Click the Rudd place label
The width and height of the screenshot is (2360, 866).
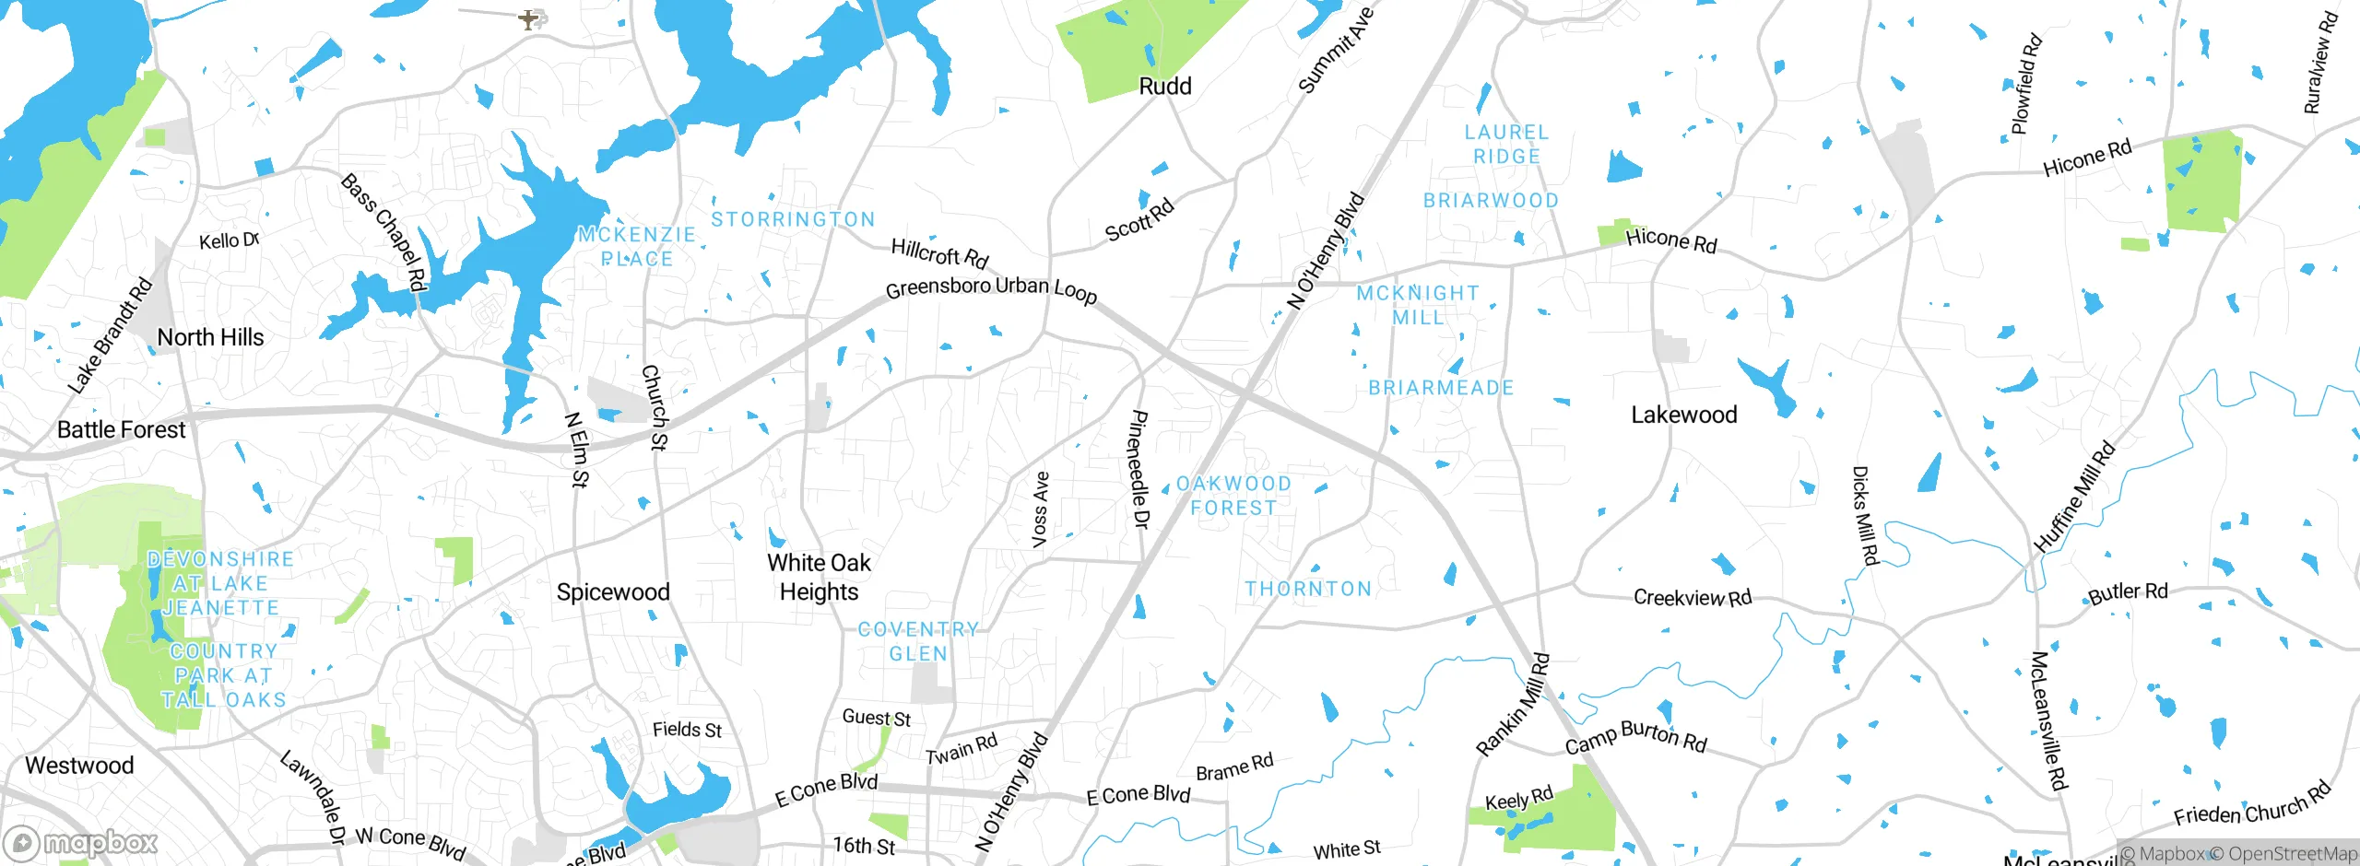1165,87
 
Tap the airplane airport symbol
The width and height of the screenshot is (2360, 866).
528,18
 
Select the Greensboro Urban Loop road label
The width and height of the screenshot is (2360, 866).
991,288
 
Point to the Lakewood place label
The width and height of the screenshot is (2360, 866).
1683,415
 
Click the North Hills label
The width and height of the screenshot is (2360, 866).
210,337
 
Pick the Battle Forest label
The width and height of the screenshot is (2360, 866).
121,429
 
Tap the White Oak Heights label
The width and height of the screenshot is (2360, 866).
819,577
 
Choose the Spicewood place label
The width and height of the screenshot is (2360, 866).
613,591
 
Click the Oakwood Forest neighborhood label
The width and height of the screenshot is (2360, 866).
1233,496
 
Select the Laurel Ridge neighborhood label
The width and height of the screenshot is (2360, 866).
1506,145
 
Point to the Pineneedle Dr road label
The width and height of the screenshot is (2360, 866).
1139,470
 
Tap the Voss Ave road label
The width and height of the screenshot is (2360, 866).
1041,510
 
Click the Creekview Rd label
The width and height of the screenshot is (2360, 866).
1692,598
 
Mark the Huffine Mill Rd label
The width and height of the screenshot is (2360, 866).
2074,497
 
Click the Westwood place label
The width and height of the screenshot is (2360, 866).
79,765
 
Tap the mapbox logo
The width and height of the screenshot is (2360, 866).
81,842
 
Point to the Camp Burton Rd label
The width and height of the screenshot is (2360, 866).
1635,737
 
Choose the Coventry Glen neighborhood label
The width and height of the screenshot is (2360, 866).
918,641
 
